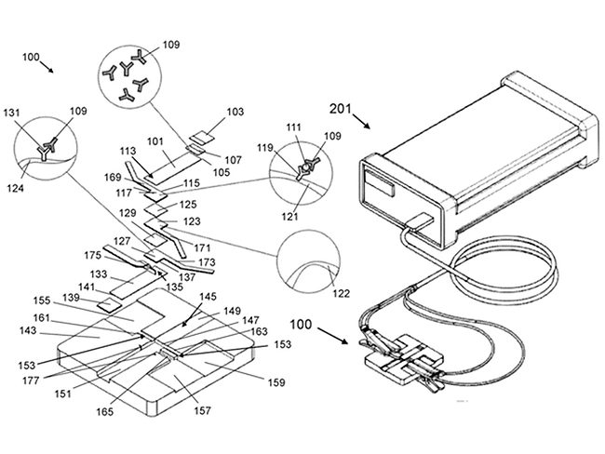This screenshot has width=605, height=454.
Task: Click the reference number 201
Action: tap(341, 109)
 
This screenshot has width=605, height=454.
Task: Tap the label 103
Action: tap(235, 112)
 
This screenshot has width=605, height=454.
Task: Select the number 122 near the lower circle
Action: tap(341, 294)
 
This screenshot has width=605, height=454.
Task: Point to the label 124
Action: tap(15, 188)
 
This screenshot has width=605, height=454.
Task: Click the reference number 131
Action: tap(12, 113)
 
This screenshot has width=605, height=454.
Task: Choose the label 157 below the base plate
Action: tap(202, 411)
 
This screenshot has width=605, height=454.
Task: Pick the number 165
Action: tap(105, 411)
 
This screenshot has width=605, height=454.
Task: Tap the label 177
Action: tap(31, 381)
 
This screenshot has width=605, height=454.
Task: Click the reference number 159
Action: tap(276, 382)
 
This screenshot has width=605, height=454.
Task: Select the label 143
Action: tap(28, 330)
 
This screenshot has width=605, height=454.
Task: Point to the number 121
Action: tap(289, 217)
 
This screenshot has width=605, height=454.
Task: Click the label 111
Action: tap(294, 127)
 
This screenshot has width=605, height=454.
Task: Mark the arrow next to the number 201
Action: tap(361, 120)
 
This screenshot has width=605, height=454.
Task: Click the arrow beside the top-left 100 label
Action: tap(47, 66)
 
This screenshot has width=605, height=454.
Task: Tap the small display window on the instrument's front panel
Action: tap(380, 183)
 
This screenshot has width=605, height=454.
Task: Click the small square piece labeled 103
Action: tap(203, 137)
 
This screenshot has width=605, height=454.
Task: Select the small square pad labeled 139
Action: tap(109, 305)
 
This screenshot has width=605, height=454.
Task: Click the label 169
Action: tap(113, 178)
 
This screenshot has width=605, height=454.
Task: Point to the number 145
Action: tap(208, 297)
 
